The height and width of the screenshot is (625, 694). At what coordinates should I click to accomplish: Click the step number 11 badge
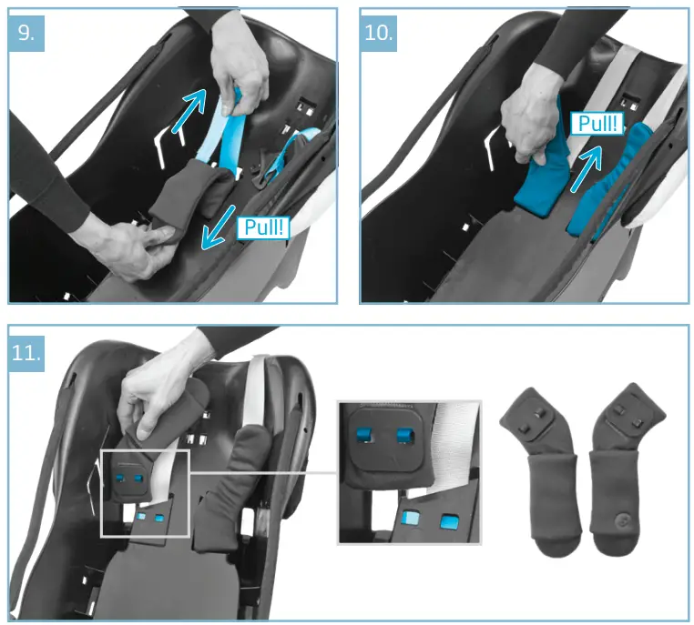coord(26,351)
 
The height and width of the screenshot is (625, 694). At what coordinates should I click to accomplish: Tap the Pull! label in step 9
coord(263,227)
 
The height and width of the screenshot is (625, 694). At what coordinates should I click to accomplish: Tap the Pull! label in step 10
coord(597,123)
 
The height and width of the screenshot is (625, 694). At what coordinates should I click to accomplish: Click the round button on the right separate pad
coord(622,519)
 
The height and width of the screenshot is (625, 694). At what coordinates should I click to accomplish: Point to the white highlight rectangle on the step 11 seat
coord(144,492)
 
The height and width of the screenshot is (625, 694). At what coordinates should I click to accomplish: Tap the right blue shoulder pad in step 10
coord(608,182)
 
